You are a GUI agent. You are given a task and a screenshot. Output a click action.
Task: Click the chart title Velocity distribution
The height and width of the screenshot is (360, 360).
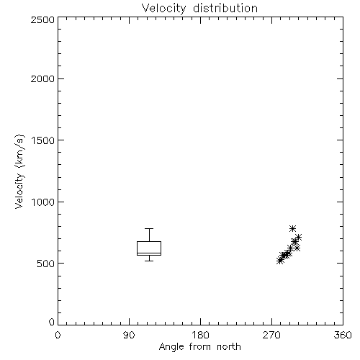click(199, 9)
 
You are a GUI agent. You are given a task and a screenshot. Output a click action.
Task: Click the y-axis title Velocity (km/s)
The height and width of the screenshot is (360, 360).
click(19, 171)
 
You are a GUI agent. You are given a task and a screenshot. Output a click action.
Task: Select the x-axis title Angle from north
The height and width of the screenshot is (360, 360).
click(199, 347)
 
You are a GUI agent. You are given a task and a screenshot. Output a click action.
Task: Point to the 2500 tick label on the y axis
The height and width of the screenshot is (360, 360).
click(42, 19)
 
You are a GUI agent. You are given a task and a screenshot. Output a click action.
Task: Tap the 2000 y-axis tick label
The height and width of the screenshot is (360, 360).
click(42, 78)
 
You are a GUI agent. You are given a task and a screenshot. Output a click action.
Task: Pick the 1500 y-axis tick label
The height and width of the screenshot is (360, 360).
click(43, 140)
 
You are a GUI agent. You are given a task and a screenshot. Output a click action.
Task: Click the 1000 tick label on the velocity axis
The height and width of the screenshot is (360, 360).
click(43, 202)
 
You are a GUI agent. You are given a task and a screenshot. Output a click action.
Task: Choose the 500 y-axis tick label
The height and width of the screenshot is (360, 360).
click(46, 264)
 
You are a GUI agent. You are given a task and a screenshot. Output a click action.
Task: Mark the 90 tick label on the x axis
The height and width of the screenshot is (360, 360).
click(129, 335)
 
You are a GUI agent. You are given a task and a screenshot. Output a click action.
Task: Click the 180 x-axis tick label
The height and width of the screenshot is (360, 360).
click(200, 335)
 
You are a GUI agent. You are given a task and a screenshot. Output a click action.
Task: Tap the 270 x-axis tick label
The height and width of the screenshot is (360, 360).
click(271, 335)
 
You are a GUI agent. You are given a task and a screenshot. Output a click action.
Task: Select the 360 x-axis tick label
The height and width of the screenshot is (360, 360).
click(343, 335)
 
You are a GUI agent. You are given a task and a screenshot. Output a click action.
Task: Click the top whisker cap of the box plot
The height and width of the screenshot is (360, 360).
click(149, 228)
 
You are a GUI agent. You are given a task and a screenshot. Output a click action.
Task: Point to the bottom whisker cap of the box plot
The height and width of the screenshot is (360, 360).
click(149, 261)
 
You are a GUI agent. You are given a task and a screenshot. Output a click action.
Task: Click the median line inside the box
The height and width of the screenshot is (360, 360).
click(149, 253)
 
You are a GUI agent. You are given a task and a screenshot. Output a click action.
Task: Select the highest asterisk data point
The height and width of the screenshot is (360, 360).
click(292, 228)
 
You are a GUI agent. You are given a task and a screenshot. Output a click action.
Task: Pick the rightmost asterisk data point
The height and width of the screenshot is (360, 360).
click(298, 238)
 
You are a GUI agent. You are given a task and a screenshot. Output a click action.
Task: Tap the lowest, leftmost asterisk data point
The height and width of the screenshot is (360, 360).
click(279, 261)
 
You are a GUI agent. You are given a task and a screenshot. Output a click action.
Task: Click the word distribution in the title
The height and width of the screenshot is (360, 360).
click(225, 9)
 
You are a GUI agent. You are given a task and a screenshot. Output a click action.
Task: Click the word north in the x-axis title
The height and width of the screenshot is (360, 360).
click(229, 347)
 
